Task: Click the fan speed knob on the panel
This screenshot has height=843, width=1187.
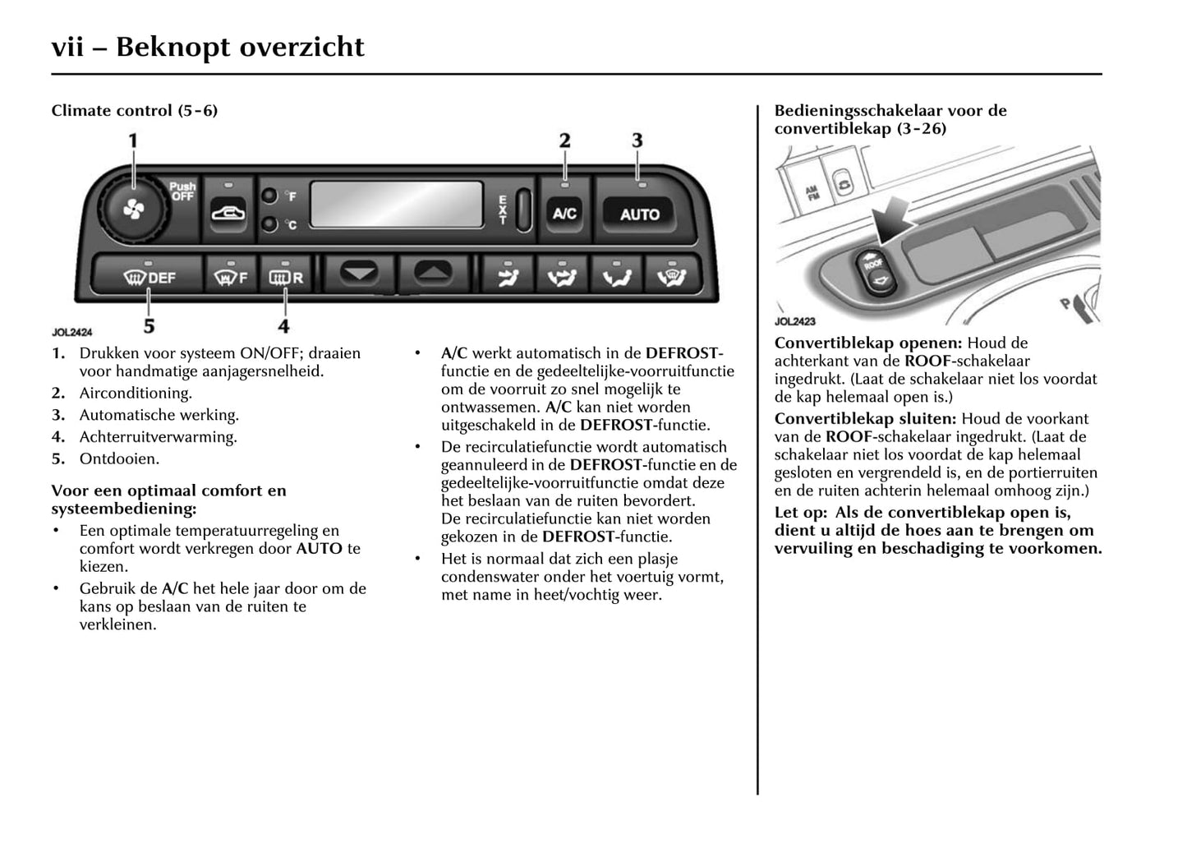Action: [134, 211]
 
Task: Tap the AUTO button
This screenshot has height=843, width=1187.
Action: [639, 214]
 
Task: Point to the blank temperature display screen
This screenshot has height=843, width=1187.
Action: [396, 205]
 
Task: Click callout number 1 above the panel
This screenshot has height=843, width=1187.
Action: [133, 141]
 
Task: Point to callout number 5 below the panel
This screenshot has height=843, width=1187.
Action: [149, 326]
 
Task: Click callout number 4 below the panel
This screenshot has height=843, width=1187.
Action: [283, 326]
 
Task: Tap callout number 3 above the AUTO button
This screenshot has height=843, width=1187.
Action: [637, 141]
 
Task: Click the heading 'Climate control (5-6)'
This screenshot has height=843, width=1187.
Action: [134, 110]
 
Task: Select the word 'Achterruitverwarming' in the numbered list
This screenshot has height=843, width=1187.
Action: [158, 437]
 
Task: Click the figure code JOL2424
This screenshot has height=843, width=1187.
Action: [72, 333]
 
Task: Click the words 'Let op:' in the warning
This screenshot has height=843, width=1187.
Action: [800, 513]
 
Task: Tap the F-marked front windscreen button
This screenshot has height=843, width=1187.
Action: [229, 278]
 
